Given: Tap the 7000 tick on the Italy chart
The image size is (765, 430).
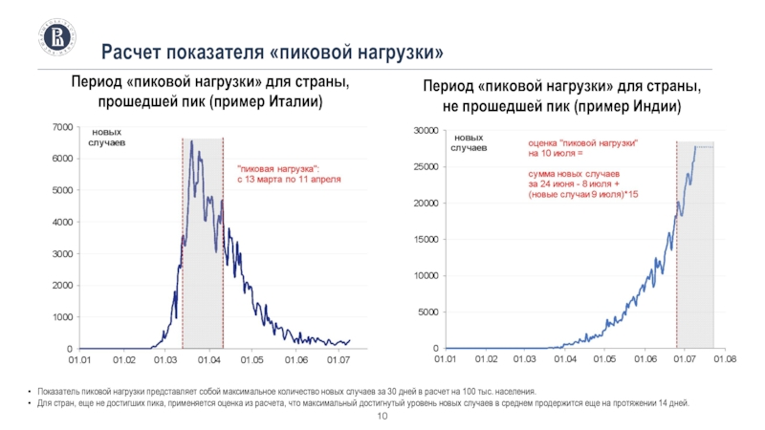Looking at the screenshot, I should (60, 127).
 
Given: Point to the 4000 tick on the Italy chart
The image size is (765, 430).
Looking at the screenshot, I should (60, 222).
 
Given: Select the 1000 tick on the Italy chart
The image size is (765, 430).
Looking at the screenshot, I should (60, 317).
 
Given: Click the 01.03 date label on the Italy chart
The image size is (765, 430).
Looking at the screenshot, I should (166, 360).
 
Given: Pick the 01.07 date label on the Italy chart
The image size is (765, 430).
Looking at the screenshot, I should (339, 360).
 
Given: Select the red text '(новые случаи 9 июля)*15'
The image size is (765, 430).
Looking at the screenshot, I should (583, 194).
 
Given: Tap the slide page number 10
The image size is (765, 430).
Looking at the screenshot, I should (382, 419).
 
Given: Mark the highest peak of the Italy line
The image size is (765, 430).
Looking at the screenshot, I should (191, 141).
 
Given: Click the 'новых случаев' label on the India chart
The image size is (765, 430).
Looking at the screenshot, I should (470, 143).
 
